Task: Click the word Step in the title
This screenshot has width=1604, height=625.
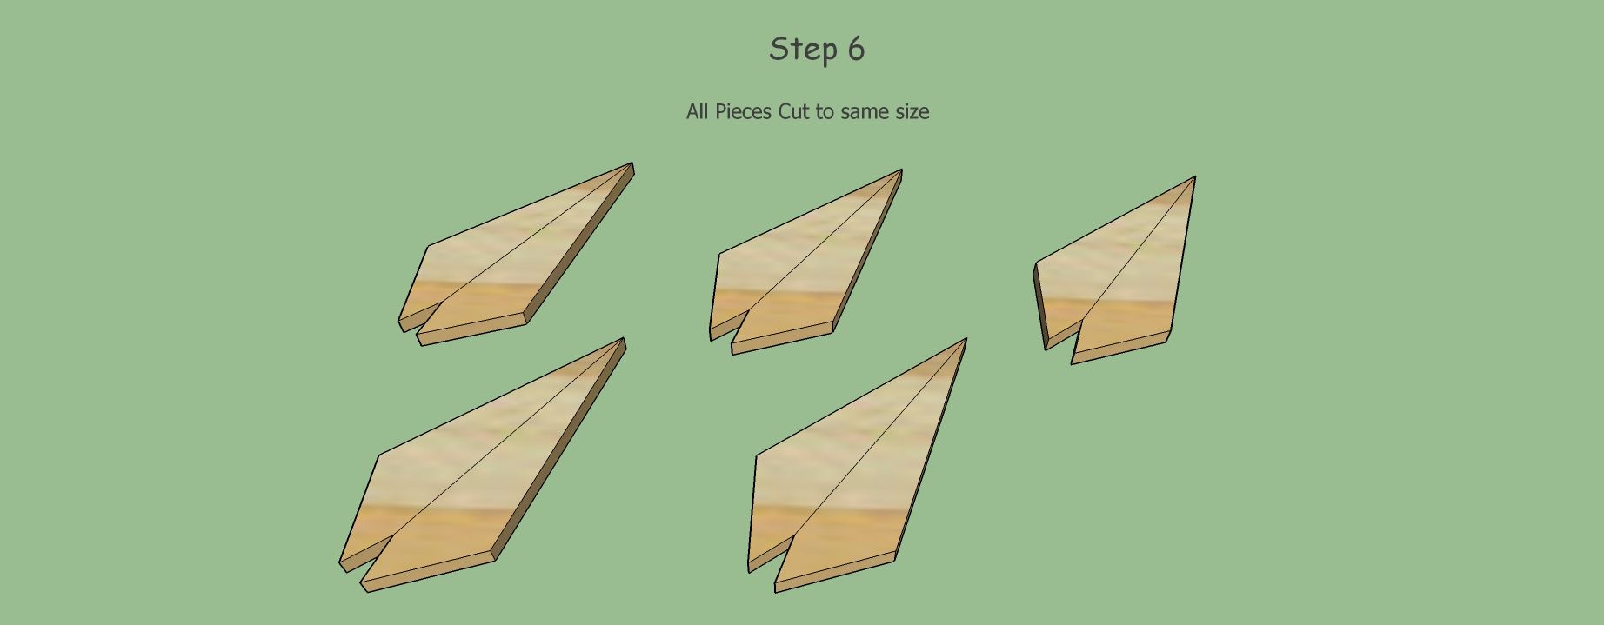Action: [801, 50]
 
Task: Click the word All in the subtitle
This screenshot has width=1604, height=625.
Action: [698, 112]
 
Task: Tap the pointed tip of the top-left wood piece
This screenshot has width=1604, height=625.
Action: [632, 164]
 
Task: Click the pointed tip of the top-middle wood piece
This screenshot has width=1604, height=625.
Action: [900, 171]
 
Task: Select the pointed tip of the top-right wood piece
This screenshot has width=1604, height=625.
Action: [1194, 178]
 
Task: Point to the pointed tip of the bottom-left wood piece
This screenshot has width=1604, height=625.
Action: [623, 340]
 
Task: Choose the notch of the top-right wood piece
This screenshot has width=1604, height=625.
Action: [1082, 321]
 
